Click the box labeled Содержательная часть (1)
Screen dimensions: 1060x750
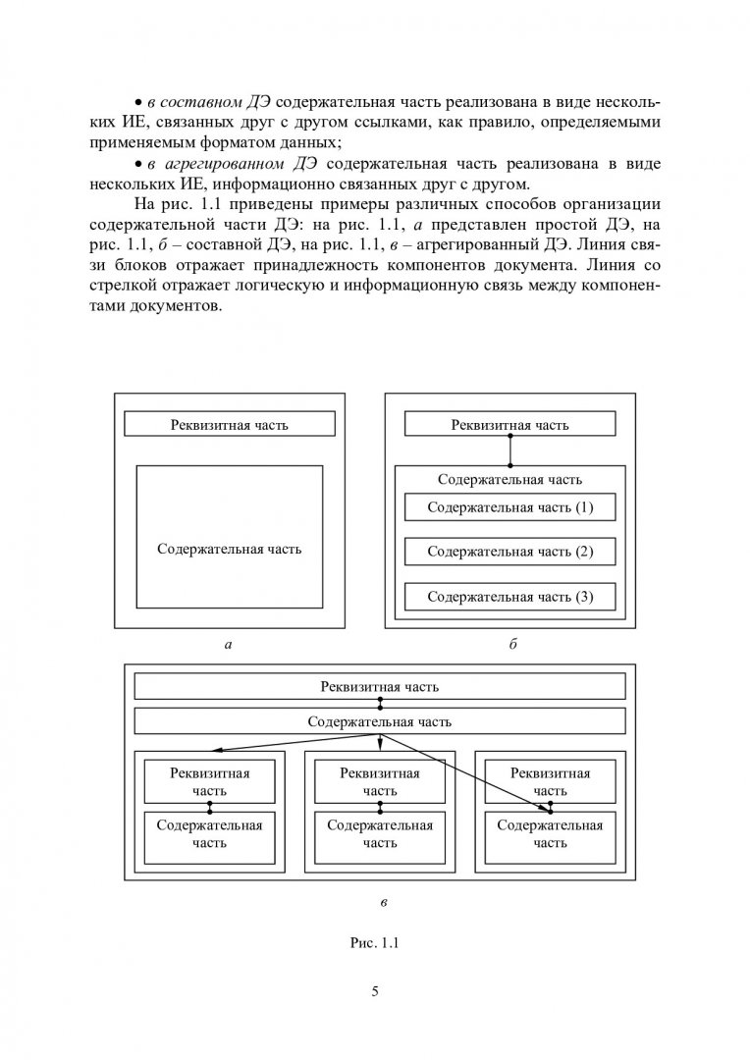pos(509,507)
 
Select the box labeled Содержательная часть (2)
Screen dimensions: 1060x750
pos(509,552)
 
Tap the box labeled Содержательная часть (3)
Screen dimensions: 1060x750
pos(509,596)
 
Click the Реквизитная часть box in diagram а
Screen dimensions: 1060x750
pos(229,424)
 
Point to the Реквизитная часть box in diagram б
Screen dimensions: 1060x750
pos(509,424)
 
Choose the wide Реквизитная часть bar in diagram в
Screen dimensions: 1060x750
pos(379,686)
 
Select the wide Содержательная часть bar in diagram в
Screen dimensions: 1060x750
pos(379,721)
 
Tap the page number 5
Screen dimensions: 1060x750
pos(375,990)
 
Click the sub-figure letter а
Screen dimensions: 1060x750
pos(228,645)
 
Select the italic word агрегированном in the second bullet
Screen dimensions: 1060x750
pos(222,163)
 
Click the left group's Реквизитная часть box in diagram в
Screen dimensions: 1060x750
pos(209,781)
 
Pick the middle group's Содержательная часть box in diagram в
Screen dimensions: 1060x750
pos(379,833)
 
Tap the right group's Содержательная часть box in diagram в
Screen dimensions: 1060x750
pos(550,833)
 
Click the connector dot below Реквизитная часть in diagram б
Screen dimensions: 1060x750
pos(509,465)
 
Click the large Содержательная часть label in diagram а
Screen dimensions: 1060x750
pos(229,549)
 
